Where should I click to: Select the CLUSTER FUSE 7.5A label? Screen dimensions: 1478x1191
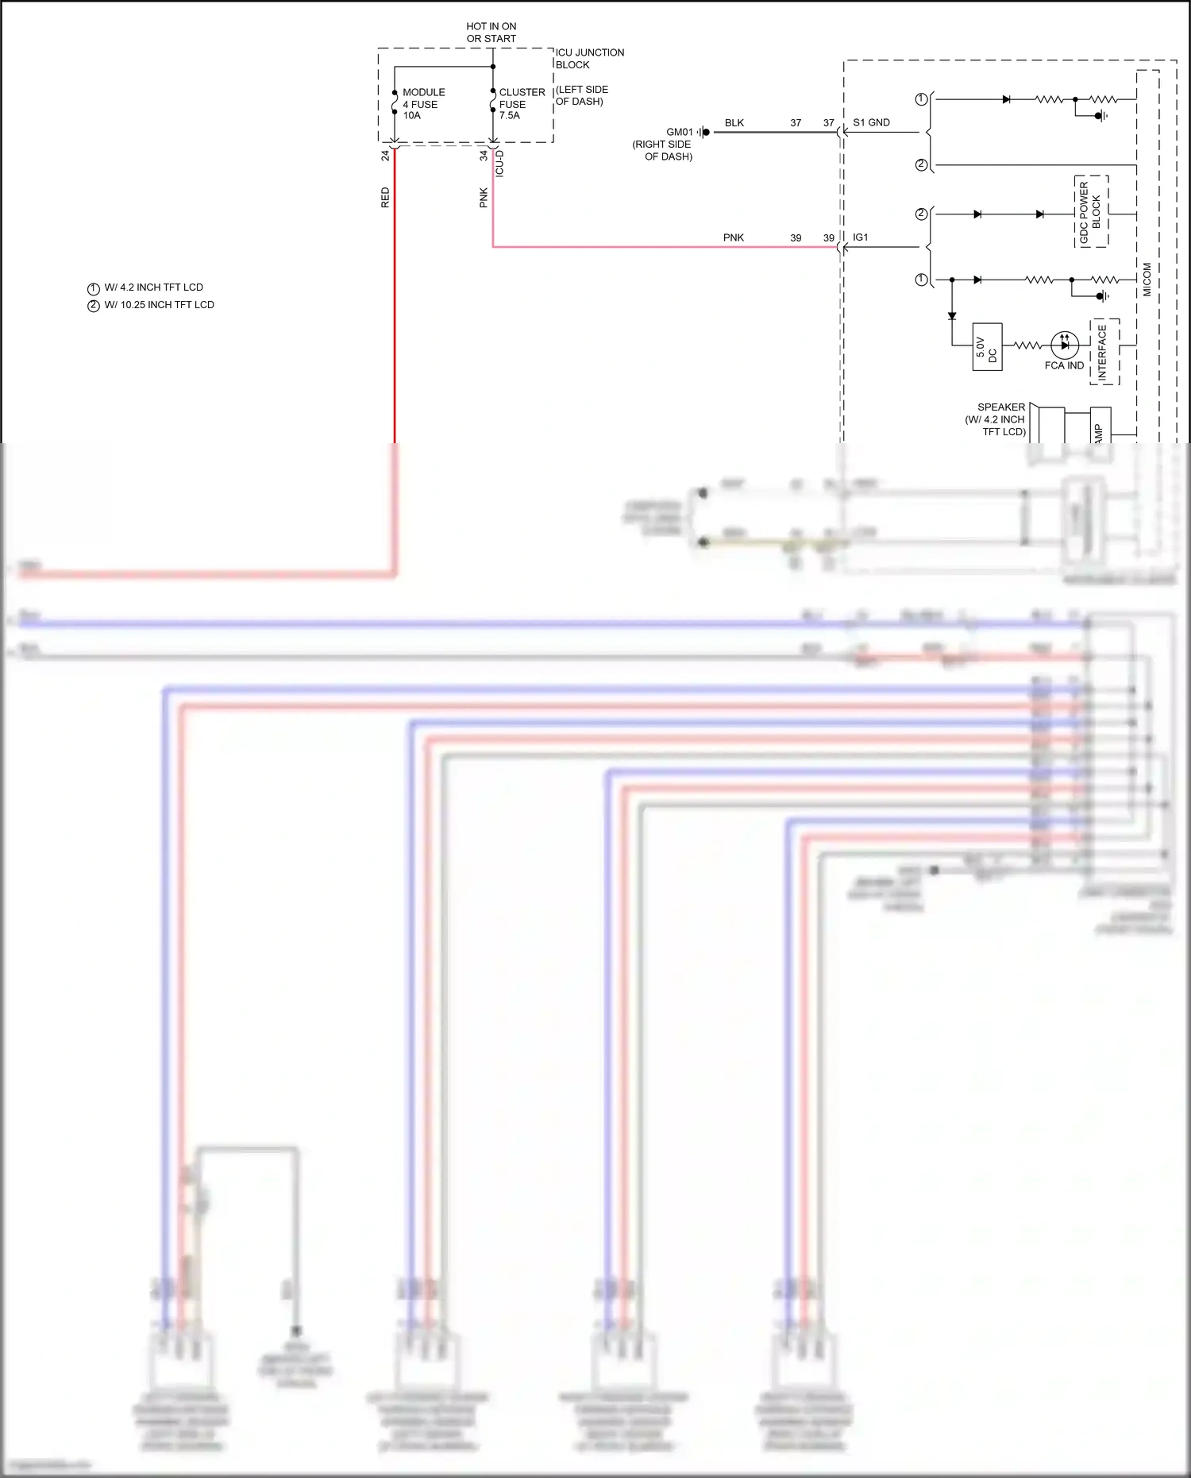521,104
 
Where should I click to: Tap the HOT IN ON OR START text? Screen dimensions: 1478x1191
491,33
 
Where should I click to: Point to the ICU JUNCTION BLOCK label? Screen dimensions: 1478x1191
589,59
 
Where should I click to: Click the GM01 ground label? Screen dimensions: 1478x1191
680,132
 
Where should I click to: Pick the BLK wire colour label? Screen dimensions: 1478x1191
734,123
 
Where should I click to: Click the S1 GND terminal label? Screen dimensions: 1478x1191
871,122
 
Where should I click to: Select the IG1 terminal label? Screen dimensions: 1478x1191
860,237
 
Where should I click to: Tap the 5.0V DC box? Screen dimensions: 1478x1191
987,347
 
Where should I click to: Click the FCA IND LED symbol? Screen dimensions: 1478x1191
1064,345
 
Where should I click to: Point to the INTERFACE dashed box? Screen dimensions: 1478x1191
1104,352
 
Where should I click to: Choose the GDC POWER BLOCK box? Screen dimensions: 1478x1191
1091,211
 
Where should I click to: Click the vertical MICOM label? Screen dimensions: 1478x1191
1147,280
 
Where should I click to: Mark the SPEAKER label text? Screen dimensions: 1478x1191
1000,407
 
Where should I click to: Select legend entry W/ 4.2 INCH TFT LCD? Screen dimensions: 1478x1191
153,287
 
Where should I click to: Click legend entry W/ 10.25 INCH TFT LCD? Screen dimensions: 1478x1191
159,305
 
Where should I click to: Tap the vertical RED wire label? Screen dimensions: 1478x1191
386,198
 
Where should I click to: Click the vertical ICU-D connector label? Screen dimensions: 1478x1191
499,164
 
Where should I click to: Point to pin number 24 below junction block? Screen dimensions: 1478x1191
386,156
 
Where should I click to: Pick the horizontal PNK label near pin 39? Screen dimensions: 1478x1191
733,237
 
